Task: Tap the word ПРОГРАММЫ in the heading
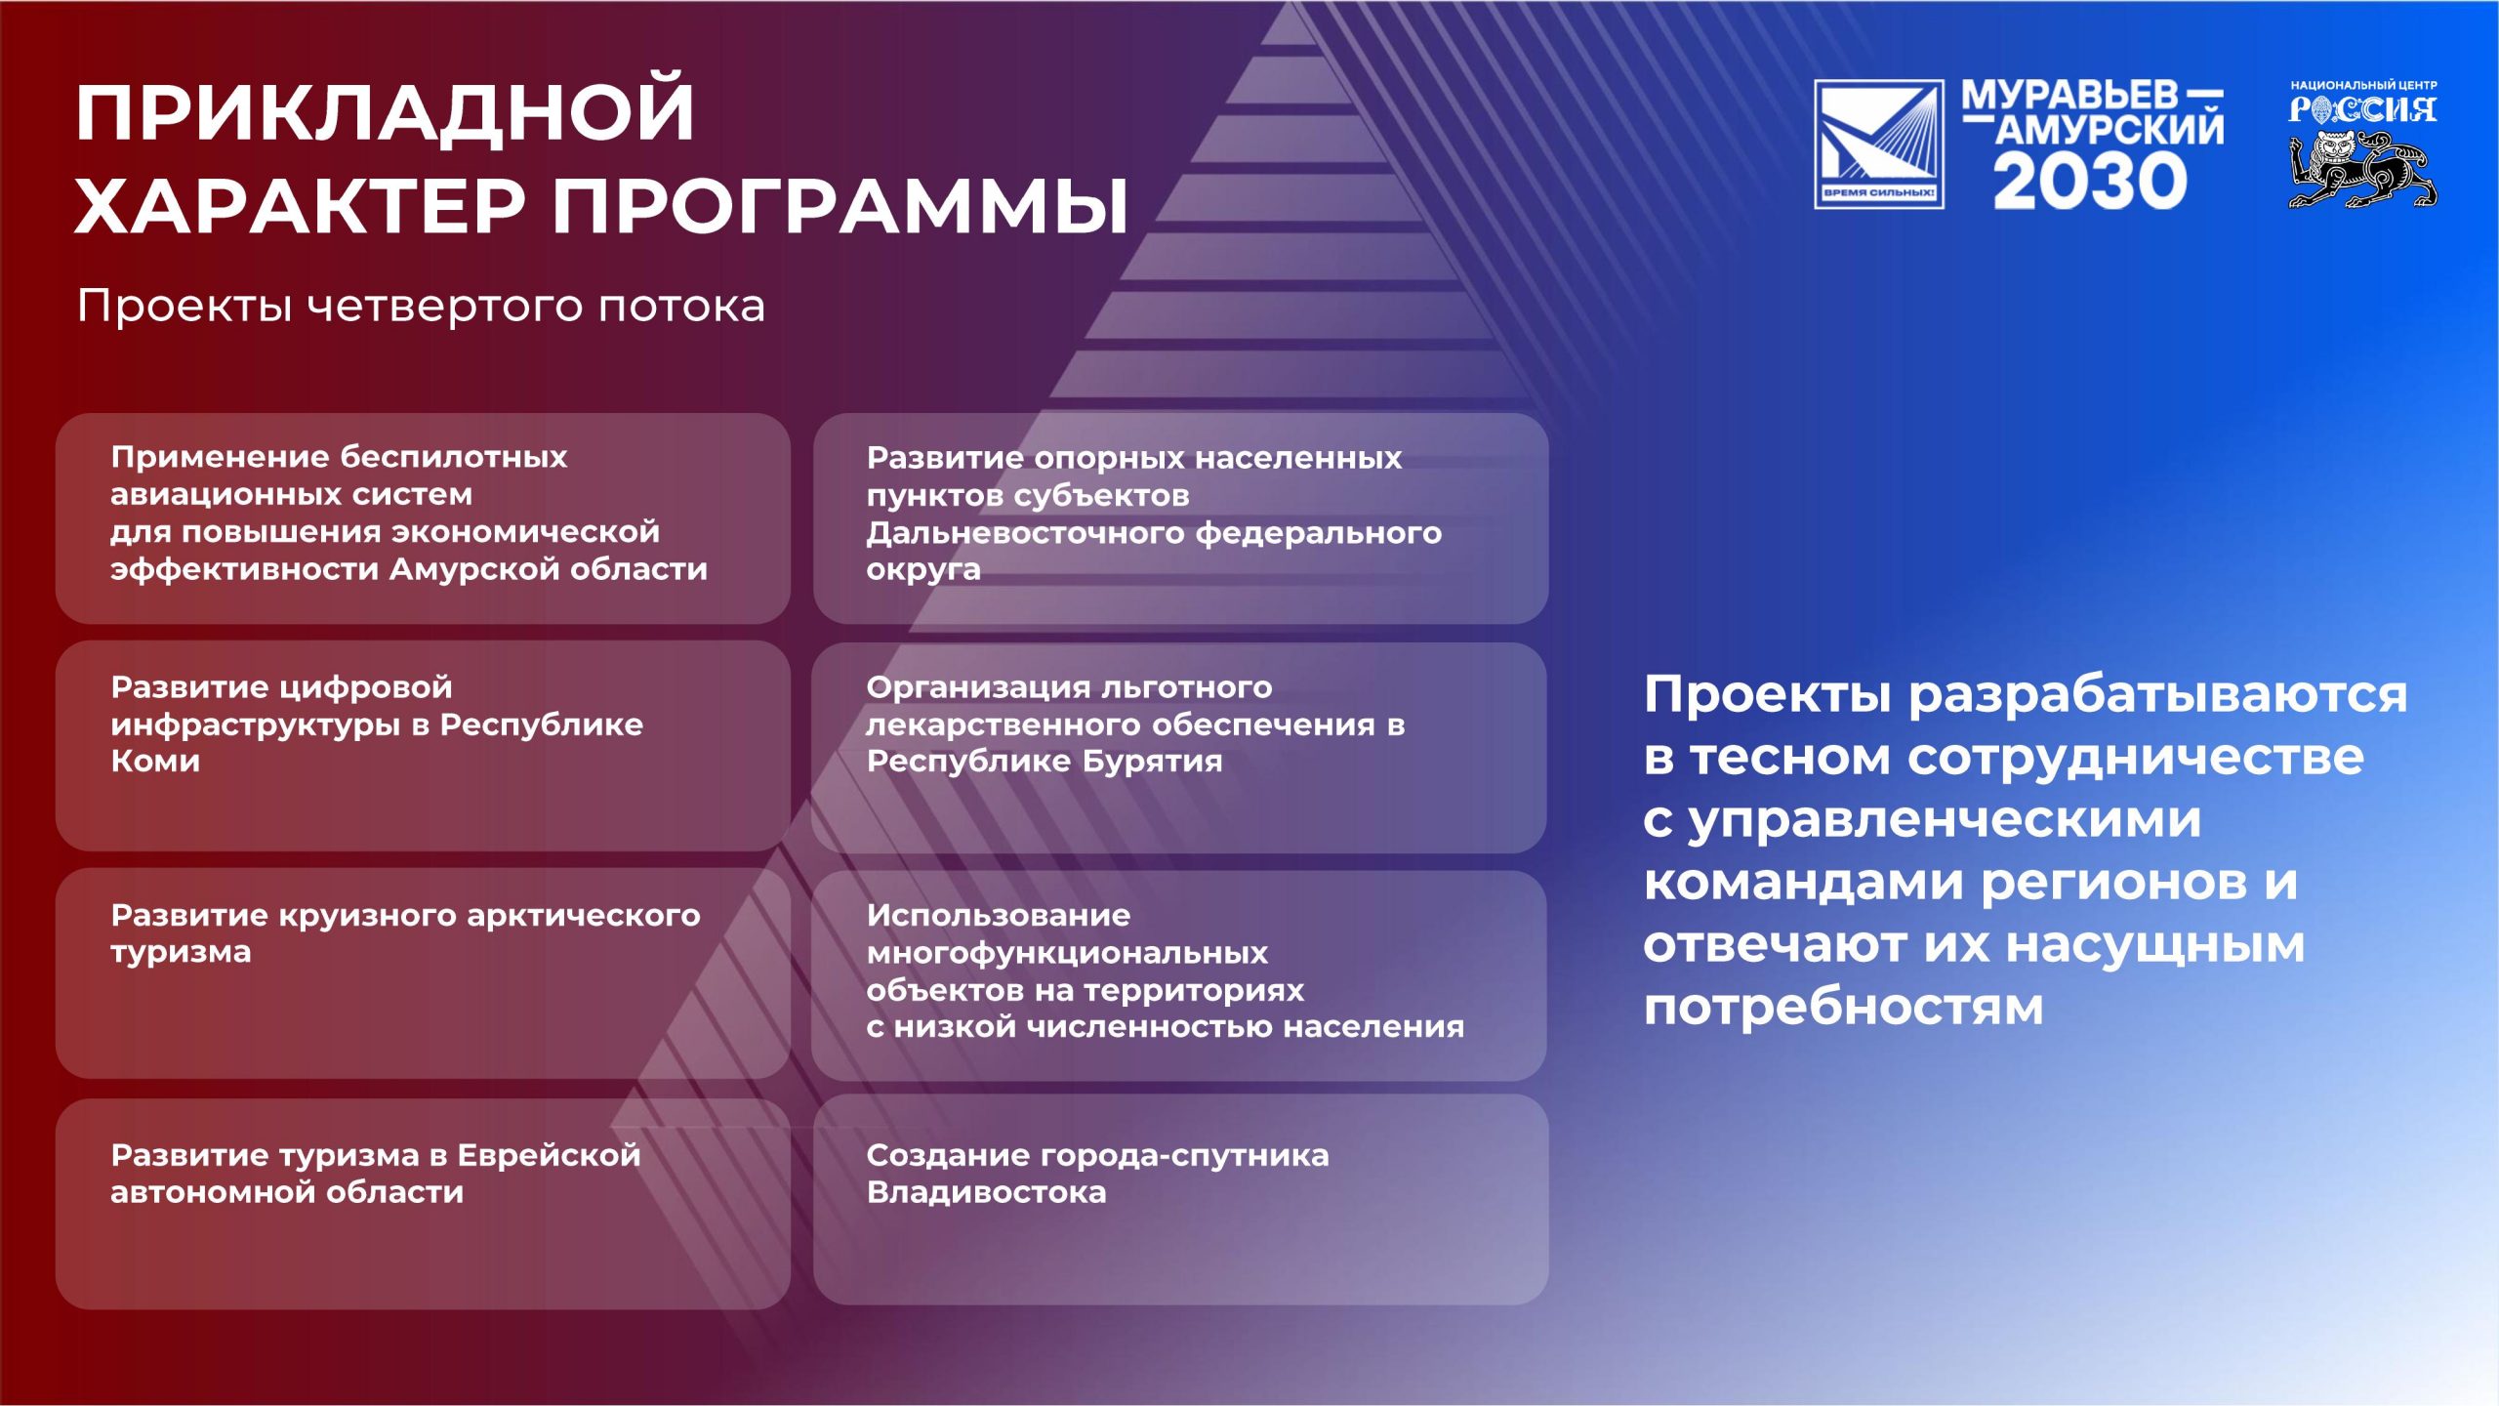[x=841, y=206]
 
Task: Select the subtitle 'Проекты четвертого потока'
[x=421, y=306]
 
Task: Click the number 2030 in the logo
[x=2090, y=181]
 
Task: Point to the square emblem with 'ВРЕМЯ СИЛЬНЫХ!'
[x=1879, y=144]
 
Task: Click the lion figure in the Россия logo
[x=2362, y=170]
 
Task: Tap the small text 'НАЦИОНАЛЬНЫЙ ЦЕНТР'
[x=2363, y=86]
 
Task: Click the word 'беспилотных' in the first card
[x=454, y=458]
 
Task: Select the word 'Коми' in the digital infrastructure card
[x=155, y=761]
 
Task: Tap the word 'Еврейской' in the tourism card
[x=549, y=1155]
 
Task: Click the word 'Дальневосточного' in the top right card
[x=1026, y=533]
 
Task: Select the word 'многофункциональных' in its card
[x=1067, y=954]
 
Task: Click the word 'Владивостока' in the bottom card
[x=986, y=1192]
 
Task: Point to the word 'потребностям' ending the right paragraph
[x=1843, y=1008]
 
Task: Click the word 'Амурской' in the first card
[x=474, y=568]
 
